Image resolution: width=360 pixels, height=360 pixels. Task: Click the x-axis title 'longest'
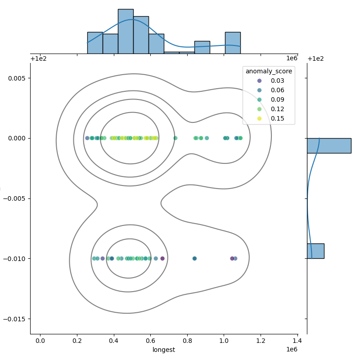(164, 350)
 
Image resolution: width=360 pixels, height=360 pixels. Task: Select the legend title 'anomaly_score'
(269, 72)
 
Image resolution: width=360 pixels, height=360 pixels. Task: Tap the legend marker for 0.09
(260, 99)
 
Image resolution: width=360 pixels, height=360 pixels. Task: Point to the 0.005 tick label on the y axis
(16, 78)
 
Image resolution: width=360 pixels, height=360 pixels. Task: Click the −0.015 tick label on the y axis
(14, 319)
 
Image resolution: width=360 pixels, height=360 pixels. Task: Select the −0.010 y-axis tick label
(14, 259)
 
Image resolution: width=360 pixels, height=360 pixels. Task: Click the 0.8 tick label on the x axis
(187, 341)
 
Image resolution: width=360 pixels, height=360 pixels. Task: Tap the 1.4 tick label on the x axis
(297, 341)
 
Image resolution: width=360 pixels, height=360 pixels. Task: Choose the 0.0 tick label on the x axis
(40, 341)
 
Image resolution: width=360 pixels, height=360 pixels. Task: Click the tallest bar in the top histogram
(126, 31)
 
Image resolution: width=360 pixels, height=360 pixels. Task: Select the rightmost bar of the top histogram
(233, 43)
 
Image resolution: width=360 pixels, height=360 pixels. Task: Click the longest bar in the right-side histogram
(329, 146)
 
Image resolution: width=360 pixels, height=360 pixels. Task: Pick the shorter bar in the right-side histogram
(316, 251)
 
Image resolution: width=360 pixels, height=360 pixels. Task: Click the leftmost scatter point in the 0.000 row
(87, 138)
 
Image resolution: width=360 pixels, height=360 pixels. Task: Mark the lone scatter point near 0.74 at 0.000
(175, 138)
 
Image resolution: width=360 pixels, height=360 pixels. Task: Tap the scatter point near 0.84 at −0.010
(194, 258)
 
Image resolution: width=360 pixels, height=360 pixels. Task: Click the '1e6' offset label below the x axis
(292, 350)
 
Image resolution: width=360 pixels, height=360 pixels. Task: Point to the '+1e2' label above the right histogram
(315, 59)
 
